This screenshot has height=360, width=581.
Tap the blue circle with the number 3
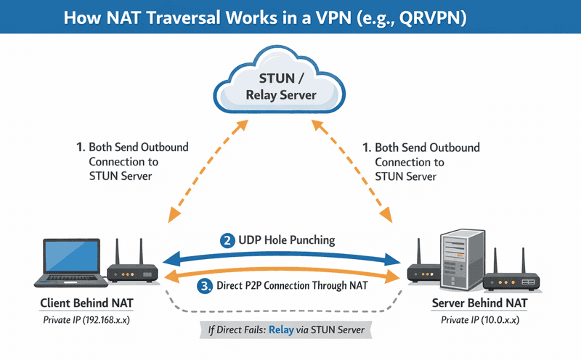pyautogui.click(x=205, y=285)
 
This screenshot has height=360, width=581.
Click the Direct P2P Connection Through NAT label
pyautogui.click(x=291, y=285)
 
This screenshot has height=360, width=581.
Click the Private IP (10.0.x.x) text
pyautogui.click(x=480, y=319)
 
